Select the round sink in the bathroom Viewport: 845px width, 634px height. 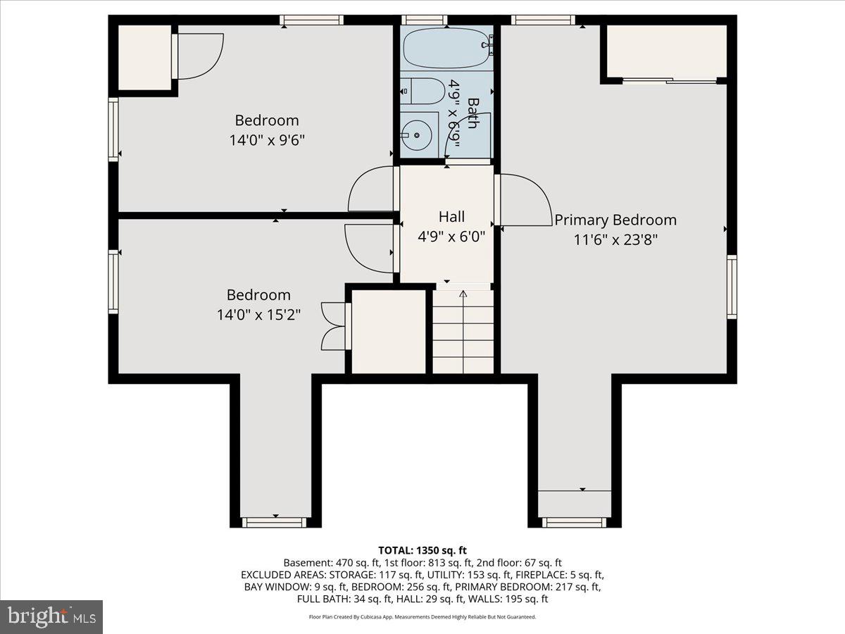[x=417, y=134]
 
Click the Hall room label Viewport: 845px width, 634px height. [x=451, y=217]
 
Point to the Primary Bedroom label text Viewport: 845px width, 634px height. [x=615, y=220]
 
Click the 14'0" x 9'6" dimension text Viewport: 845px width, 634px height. [x=267, y=140]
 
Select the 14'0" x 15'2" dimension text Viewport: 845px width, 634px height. [x=258, y=315]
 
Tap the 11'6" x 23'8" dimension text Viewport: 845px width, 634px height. [x=615, y=240]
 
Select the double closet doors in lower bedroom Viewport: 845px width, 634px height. [x=334, y=325]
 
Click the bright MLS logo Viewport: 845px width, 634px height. [x=51, y=616]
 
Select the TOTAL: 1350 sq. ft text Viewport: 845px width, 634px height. [x=423, y=550]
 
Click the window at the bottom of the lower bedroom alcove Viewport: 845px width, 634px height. [x=275, y=522]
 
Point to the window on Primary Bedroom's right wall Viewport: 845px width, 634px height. [x=732, y=287]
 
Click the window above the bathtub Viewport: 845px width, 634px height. [x=425, y=20]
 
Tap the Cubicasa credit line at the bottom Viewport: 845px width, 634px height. [x=423, y=616]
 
